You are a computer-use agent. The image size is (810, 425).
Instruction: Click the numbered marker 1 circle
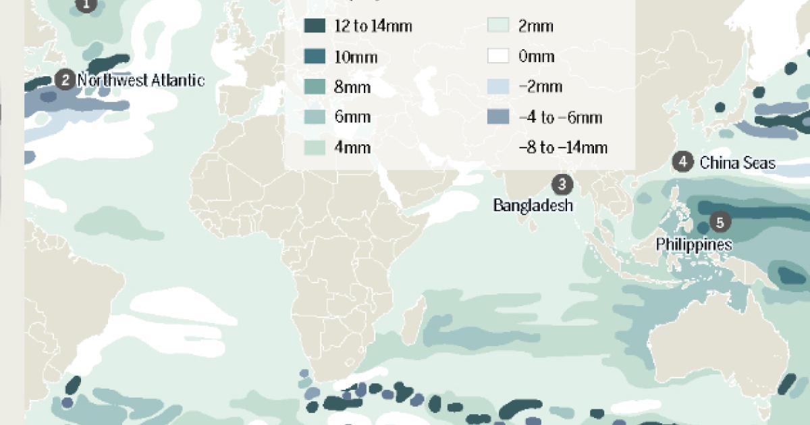click(85, 5)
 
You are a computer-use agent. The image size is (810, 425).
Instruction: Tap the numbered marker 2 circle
click(65, 80)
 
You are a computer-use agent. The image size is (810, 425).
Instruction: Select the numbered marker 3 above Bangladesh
click(562, 183)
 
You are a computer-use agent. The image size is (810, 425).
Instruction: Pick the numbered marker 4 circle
click(683, 162)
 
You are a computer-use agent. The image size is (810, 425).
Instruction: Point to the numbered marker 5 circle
click(720, 221)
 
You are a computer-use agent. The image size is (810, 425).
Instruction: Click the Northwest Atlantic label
click(140, 80)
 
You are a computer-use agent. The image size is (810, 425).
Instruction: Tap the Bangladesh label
click(533, 205)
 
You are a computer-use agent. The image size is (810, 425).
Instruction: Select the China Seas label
click(737, 163)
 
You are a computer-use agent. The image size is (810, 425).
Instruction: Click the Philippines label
click(693, 244)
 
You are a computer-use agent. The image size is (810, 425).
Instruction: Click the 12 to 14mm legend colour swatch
click(315, 26)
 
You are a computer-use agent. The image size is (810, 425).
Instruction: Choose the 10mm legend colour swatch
click(315, 56)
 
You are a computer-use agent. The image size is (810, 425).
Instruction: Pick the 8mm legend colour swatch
click(315, 86)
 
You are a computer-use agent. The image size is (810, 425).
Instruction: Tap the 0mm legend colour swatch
click(498, 56)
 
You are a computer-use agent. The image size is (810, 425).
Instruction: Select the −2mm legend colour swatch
click(498, 86)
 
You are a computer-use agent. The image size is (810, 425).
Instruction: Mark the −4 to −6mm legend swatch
click(498, 117)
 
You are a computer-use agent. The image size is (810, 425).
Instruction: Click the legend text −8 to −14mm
click(562, 148)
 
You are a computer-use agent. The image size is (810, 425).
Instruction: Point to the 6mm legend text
click(352, 117)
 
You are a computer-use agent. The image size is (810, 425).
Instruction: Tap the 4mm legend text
click(352, 148)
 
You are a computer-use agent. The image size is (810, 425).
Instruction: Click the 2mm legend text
click(536, 26)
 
